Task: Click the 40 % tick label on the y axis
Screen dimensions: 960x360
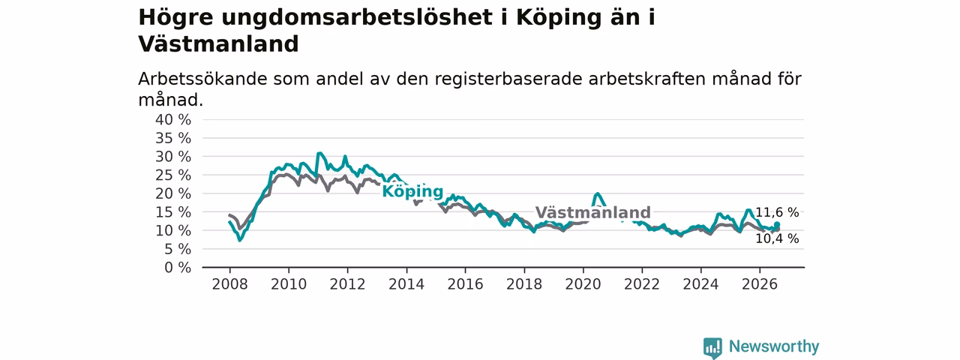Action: (173, 120)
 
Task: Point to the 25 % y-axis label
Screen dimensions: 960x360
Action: (173, 175)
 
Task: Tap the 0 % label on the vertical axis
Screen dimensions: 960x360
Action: (178, 268)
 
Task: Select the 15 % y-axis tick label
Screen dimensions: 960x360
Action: (173, 212)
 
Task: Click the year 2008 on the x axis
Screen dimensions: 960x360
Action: (229, 284)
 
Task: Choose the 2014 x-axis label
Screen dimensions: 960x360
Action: (406, 284)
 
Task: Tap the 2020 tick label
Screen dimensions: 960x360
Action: (583, 284)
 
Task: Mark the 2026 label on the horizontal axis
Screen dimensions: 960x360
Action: (760, 284)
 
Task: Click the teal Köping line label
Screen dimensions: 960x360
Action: (412, 191)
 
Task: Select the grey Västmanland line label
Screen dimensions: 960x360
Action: (593, 212)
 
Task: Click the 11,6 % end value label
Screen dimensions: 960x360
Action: (777, 212)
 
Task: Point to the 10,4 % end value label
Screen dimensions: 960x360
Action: (777, 238)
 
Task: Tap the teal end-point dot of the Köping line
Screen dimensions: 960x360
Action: (777, 225)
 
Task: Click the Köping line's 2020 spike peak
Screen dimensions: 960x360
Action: (598, 193)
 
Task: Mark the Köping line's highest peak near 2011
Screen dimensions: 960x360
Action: (319, 153)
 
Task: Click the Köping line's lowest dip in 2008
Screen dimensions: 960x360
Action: (239, 240)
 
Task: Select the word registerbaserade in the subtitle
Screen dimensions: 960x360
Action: (508, 79)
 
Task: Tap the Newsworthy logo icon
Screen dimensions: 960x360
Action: (712, 347)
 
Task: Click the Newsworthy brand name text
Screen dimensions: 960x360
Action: (774, 346)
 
